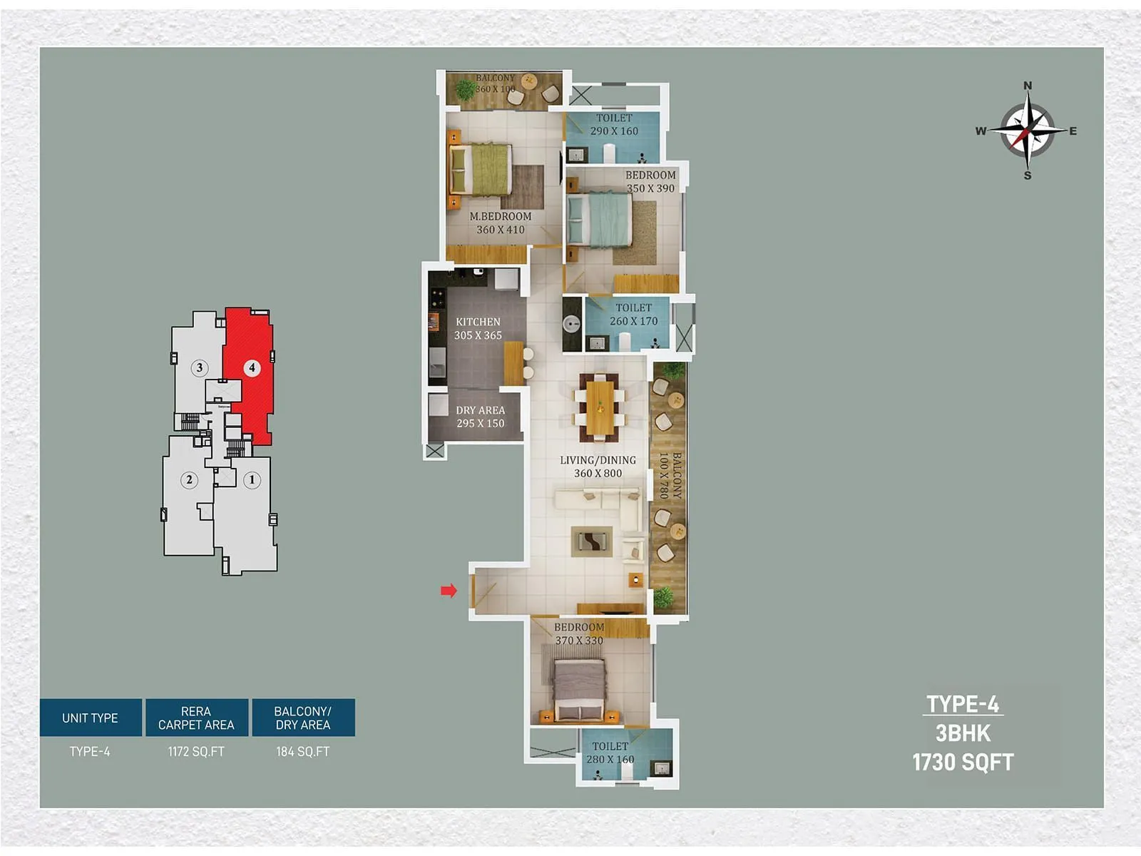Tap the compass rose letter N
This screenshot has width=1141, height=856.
click(x=1028, y=86)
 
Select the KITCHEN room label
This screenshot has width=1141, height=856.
click(x=478, y=322)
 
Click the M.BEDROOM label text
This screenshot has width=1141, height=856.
click(x=500, y=216)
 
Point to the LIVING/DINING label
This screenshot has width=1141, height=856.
click(x=598, y=460)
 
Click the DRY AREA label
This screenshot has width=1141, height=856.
click(x=480, y=410)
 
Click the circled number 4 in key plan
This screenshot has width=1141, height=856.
click(x=252, y=368)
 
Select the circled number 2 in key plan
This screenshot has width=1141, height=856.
click(x=189, y=479)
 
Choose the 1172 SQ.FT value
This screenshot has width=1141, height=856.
click(x=196, y=751)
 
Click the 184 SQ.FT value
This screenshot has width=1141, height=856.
click(x=303, y=751)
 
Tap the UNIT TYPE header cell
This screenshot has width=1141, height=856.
click(x=90, y=718)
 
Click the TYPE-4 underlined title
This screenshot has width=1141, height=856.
click(x=963, y=704)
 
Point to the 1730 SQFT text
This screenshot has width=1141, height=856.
click(x=963, y=762)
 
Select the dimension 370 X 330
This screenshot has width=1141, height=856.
click(x=579, y=641)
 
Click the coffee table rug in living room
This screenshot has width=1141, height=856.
click(x=592, y=542)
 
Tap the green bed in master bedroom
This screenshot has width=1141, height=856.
click(x=481, y=170)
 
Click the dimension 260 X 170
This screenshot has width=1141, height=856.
click(x=633, y=321)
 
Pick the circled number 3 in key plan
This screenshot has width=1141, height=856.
click(x=200, y=368)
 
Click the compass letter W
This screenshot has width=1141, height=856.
click(x=981, y=131)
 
